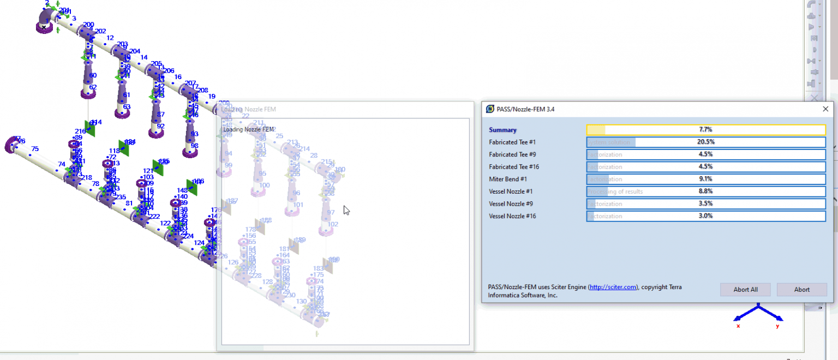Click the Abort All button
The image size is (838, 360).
coord(745,290)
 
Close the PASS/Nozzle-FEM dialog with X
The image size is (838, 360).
coord(825,109)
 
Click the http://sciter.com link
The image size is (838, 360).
coord(613,287)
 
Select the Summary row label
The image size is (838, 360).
coord(502,130)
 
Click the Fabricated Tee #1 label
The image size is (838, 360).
coord(512,142)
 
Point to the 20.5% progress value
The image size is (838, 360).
coord(706,142)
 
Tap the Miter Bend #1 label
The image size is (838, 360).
coord(507,179)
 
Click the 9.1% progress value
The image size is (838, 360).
coord(706,179)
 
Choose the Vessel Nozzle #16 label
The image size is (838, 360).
coord(513,216)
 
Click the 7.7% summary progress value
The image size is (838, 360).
coord(706,130)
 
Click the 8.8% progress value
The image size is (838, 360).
coord(706,191)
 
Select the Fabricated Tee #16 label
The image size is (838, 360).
coord(514,167)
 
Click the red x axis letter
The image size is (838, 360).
coord(738,326)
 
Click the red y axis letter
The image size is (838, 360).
coord(777,326)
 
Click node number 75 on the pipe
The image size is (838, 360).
coord(35,149)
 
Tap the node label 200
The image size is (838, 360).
coord(88,25)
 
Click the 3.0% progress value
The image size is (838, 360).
coord(706,216)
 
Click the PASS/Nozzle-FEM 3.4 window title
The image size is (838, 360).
coord(525,109)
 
